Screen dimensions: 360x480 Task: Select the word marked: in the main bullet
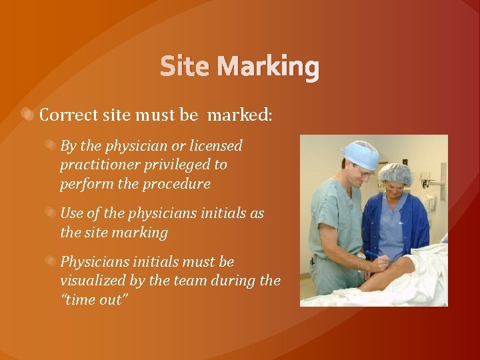239,115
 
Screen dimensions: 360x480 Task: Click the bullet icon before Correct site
28,115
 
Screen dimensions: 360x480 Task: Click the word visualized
93,281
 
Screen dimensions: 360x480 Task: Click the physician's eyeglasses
364,171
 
